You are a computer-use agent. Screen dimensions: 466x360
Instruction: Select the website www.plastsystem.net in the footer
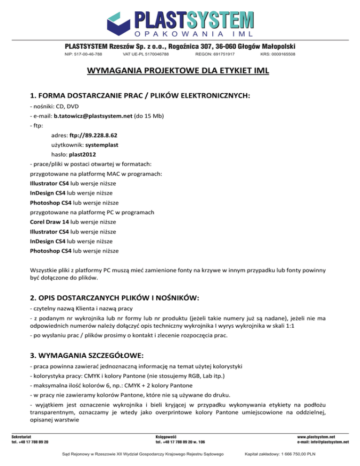[323, 436]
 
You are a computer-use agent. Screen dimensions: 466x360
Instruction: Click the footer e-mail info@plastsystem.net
[332, 442]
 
